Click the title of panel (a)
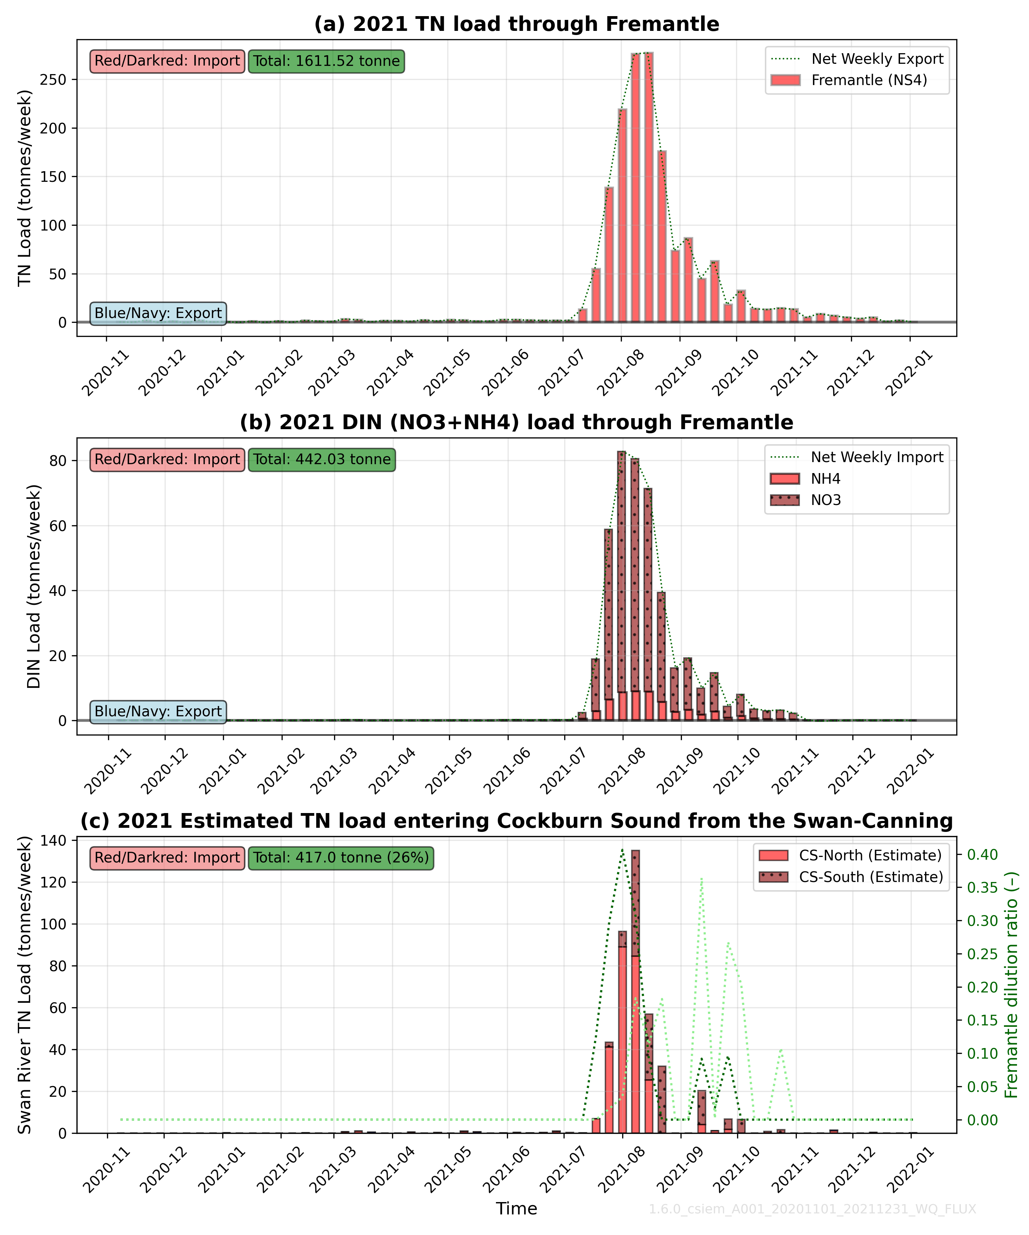click(x=516, y=24)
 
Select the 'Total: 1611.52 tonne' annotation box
click(x=326, y=61)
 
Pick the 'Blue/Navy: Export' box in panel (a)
click(x=158, y=313)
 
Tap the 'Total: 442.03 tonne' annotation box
click(x=322, y=459)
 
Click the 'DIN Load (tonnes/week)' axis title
click(x=34, y=586)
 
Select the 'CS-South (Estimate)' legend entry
click(x=870, y=877)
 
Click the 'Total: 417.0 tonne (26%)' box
click(x=341, y=857)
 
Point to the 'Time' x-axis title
click(x=516, y=1209)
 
